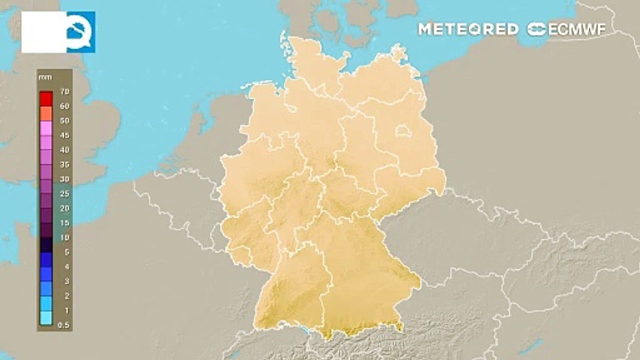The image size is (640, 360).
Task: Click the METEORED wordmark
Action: click(x=468, y=29)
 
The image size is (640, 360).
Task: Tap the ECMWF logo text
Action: click(x=567, y=29)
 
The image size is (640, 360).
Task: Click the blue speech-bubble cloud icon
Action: click(x=80, y=31)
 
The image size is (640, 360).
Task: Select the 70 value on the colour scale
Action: click(x=64, y=92)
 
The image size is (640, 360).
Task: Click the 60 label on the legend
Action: click(x=64, y=106)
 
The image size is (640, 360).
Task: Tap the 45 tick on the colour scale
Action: click(x=64, y=135)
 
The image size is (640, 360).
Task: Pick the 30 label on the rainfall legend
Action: click(x=64, y=179)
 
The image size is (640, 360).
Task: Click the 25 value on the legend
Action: click(x=64, y=193)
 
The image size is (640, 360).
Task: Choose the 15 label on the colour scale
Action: click(x=64, y=222)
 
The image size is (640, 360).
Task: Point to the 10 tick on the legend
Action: click(x=64, y=237)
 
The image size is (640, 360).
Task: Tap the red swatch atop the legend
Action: click(x=46, y=98)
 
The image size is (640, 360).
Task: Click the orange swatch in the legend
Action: click(x=46, y=113)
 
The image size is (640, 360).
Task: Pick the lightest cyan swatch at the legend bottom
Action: click(x=46, y=318)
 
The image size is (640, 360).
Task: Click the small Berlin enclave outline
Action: click(x=402, y=132)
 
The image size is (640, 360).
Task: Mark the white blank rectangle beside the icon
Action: click(x=44, y=32)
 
